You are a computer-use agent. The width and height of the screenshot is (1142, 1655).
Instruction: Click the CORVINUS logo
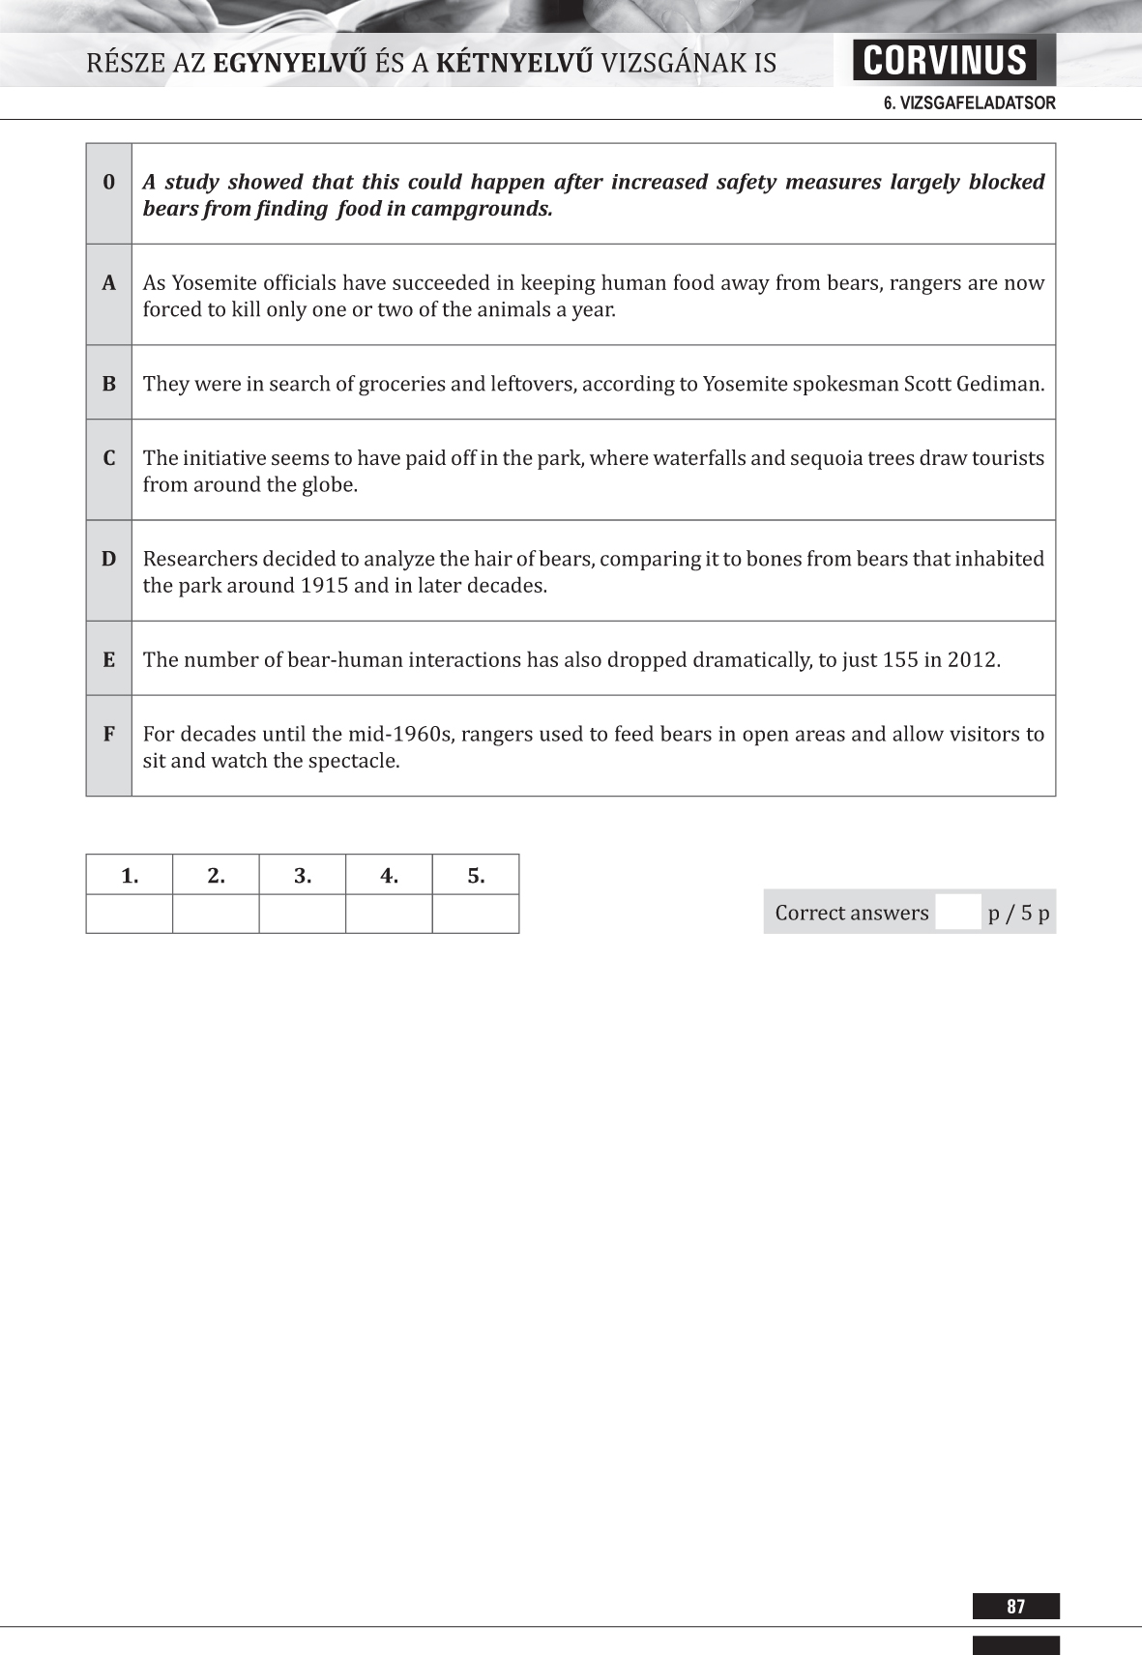[944, 60]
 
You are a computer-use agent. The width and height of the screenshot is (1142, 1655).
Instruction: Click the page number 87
[1015, 1607]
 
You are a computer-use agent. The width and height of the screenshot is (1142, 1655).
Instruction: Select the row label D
[109, 559]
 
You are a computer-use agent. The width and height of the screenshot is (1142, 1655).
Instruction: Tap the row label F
[109, 734]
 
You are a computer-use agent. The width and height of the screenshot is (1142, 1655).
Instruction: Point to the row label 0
[109, 182]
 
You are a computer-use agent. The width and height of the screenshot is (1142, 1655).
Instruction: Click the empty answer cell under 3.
[303, 914]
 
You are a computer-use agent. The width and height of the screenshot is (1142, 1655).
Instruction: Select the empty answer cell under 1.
[130, 914]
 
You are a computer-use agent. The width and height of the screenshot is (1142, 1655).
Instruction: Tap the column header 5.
[476, 876]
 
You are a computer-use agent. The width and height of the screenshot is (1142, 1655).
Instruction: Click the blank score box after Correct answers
[958, 913]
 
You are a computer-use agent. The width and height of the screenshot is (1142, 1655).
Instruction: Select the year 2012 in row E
[971, 660]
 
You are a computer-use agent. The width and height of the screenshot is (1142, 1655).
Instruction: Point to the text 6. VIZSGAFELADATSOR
[969, 103]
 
